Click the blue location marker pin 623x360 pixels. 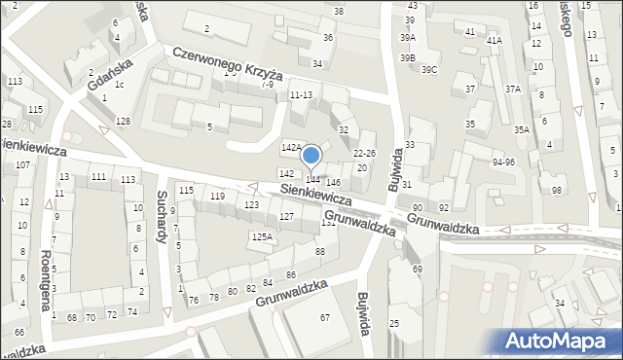click(x=311, y=156)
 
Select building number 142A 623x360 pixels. click(x=290, y=147)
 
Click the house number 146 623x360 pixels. click(x=333, y=183)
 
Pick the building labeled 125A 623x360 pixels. click(x=261, y=236)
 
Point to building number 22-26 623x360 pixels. click(x=364, y=153)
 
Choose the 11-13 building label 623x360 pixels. click(x=301, y=94)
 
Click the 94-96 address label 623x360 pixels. click(x=503, y=162)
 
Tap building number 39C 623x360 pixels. click(x=429, y=69)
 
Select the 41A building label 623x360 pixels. click(x=495, y=41)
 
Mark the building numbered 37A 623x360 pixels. click(x=512, y=89)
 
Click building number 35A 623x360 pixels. click(x=522, y=129)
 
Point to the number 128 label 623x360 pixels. click(x=123, y=121)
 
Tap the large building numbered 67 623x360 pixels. click(x=325, y=318)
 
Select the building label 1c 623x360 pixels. click(x=119, y=84)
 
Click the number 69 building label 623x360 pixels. click(x=418, y=269)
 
